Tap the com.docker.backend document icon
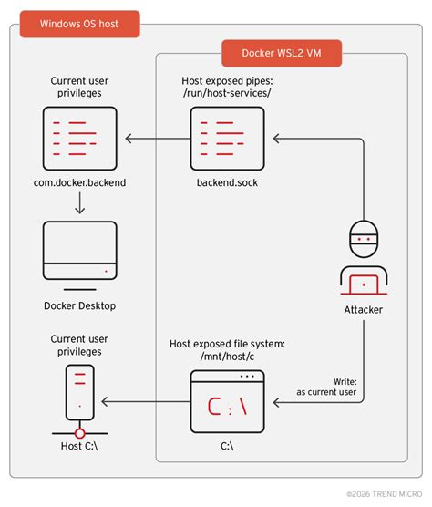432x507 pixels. [x=80, y=139]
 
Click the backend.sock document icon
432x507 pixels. [x=227, y=139]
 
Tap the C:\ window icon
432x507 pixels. [x=227, y=401]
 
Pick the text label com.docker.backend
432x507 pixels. [x=80, y=183]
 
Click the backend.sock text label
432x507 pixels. [x=227, y=183]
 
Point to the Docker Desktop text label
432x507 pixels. [x=80, y=305]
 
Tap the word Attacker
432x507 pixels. [x=364, y=310]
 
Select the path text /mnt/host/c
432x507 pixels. [x=227, y=357]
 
